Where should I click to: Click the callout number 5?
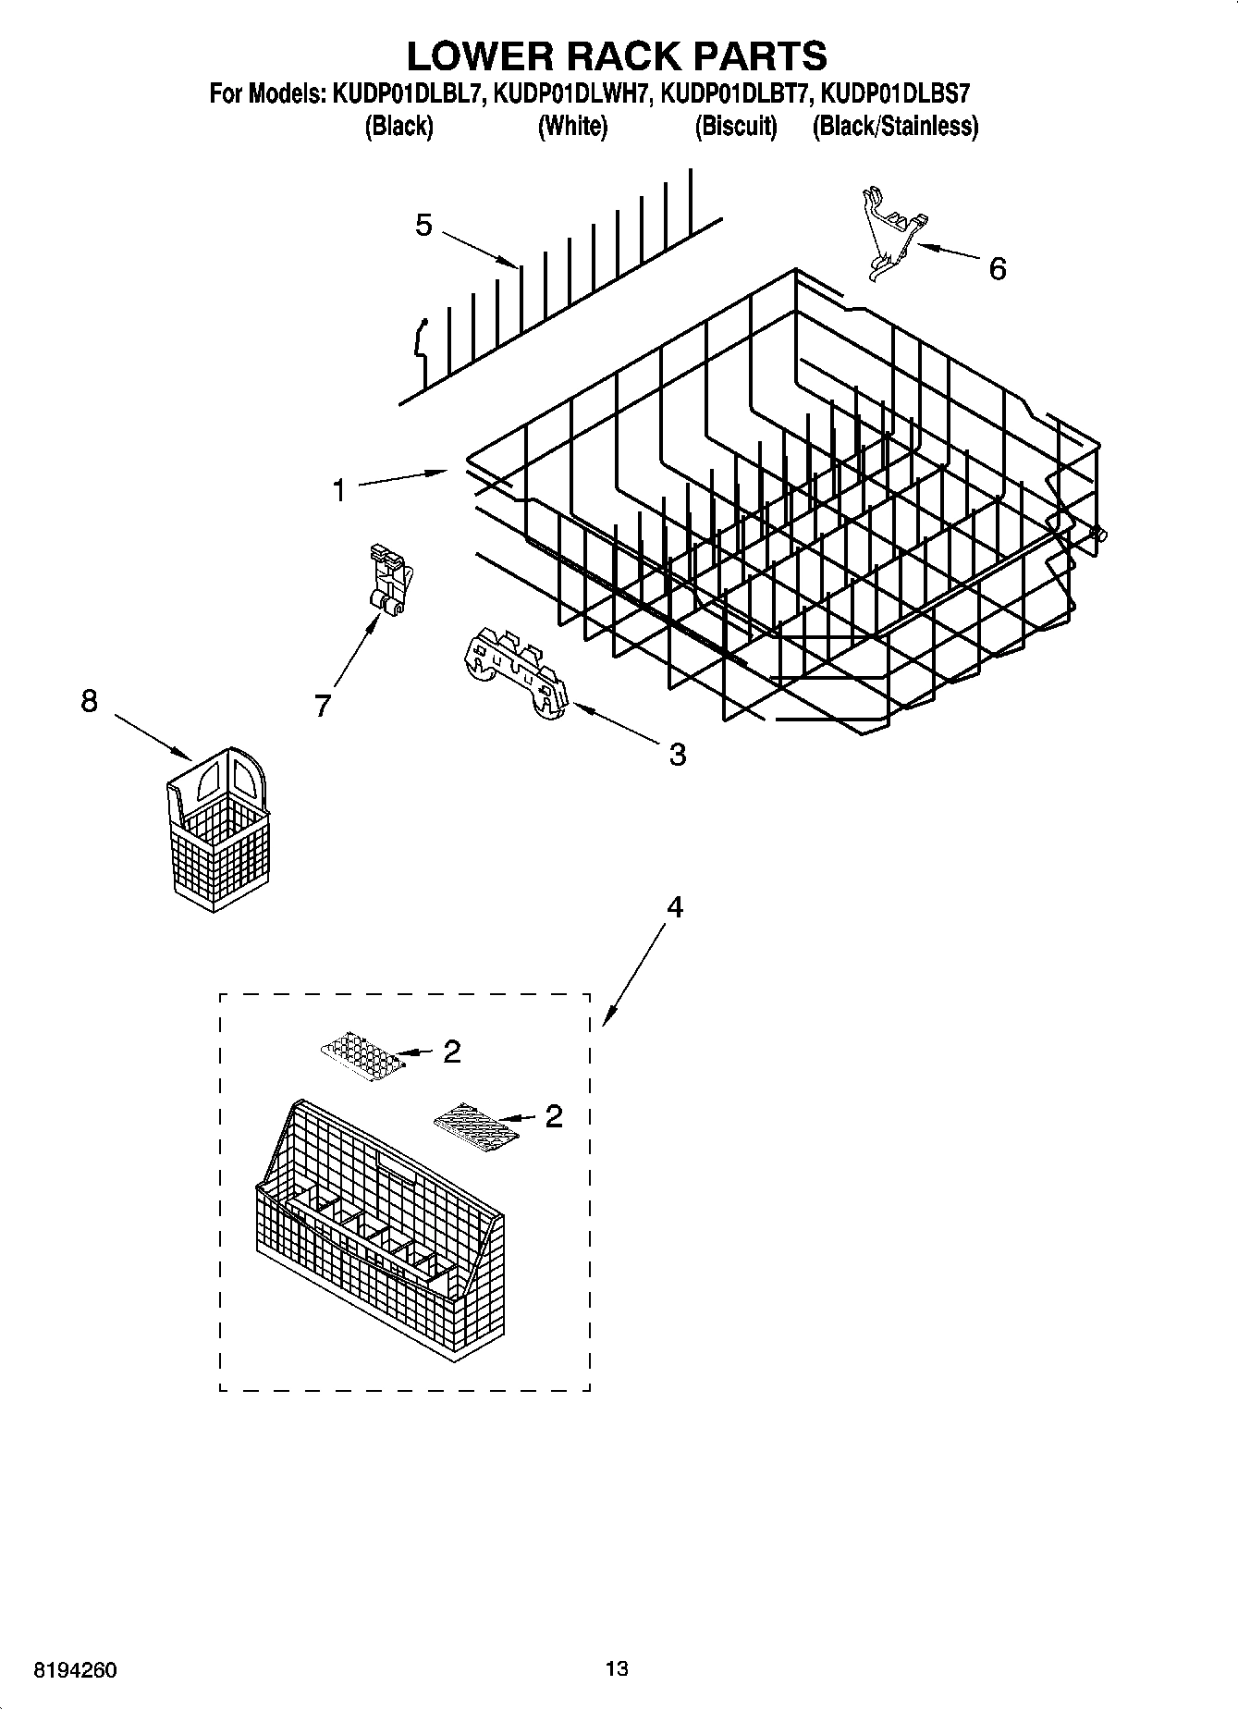pyautogui.click(x=423, y=225)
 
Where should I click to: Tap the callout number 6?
pyautogui.click(x=997, y=269)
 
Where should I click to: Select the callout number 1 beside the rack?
pyautogui.click(x=339, y=490)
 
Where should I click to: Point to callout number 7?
pyautogui.click(x=322, y=707)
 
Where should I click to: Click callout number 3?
pyautogui.click(x=677, y=755)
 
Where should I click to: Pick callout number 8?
pyautogui.click(x=89, y=701)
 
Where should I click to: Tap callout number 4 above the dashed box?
pyautogui.click(x=675, y=908)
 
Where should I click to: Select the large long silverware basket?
pyautogui.click(x=379, y=1230)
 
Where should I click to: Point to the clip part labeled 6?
pyautogui.click(x=889, y=231)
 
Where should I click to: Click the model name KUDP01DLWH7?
pyautogui.click(x=573, y=93)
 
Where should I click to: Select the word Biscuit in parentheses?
pyautogui.click(x=736, y=127)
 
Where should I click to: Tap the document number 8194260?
pyautogui.click(x=75, y=1671)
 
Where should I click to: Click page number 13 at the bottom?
pyautogui.click(x=617, y=1669)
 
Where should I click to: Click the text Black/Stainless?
pyautogui.click(x=894, y=127)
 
